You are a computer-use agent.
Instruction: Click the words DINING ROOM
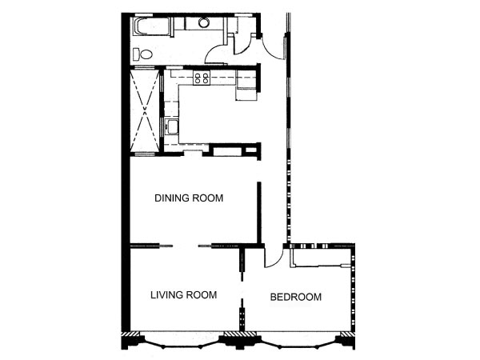[189, 198]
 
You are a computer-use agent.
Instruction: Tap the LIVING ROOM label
[184, 294]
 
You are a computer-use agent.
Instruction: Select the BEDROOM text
[296, 297]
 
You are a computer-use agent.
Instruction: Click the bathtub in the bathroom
[151, 27]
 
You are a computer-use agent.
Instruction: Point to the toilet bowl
[146, 54]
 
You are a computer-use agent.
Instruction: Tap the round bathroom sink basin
[203, 22]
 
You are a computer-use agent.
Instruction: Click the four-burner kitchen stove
[202, 78]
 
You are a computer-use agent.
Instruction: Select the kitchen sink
[171, 127]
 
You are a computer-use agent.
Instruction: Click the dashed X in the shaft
[145, 111]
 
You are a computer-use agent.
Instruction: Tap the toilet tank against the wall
[136, 54]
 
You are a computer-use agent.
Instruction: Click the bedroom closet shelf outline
[320, 257]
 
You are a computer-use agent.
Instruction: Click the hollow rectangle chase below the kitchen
[226, 151]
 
